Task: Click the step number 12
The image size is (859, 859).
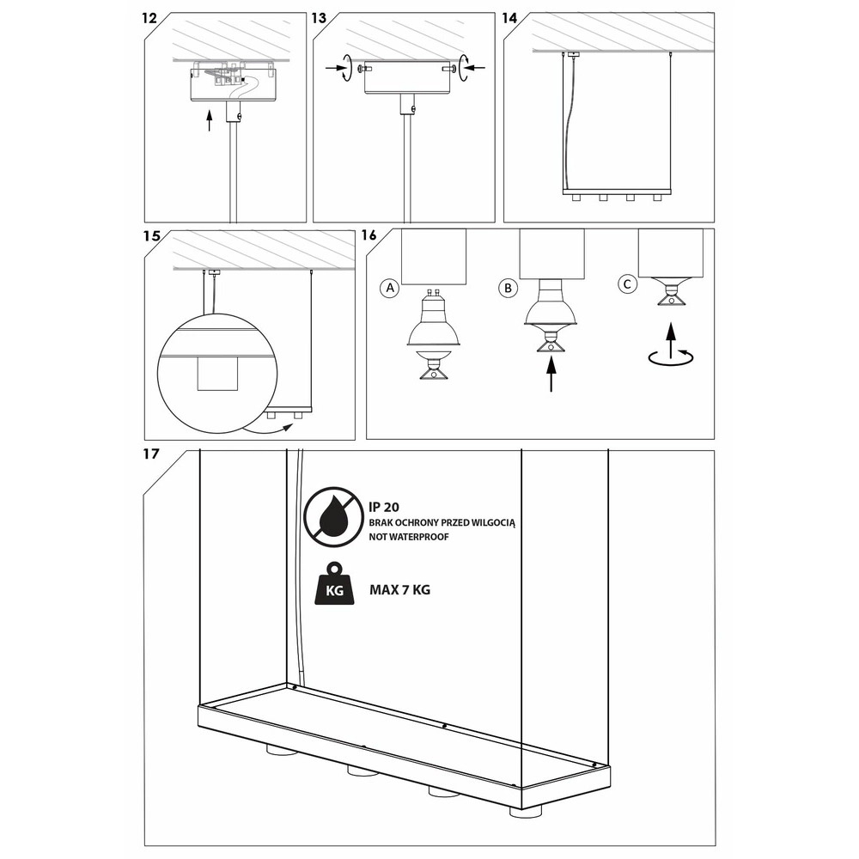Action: point(149,19)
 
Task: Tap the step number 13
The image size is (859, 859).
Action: point(319,19)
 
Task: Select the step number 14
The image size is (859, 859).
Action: point(509,19)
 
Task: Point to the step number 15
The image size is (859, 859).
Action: point(152,236)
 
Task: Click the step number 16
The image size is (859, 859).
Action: point(369,235)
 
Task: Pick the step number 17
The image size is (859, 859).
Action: point(150,454)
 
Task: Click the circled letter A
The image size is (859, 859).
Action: point(390,288)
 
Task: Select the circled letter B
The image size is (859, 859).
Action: point(509,288)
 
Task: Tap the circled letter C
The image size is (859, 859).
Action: point(627,284)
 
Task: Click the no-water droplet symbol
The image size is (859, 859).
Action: point(334,517)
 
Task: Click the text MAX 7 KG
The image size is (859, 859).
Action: point(400,590)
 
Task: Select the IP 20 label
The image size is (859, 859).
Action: point(384,508)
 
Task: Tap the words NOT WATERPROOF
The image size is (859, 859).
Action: point(409,537)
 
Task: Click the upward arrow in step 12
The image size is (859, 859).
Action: point(209,120)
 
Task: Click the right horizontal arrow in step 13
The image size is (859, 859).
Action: point(476,68)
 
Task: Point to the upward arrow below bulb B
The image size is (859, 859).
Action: point(551,374)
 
